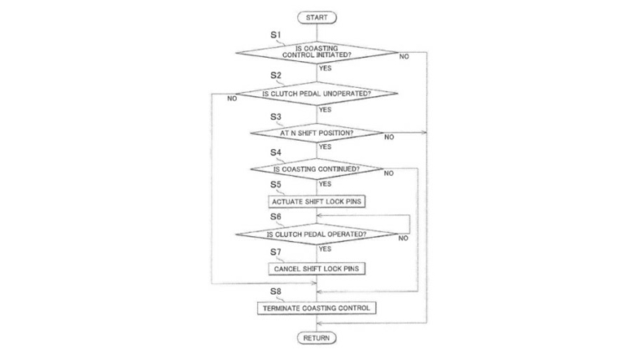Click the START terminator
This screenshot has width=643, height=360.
(317, 17)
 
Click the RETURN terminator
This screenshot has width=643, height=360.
(317, 337)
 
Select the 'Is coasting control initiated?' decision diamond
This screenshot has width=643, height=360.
(316, 51)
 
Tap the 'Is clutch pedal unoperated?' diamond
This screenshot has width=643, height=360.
(316, 94)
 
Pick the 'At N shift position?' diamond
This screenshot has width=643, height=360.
(316, 132)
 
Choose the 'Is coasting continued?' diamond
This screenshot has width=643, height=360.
(316, 168)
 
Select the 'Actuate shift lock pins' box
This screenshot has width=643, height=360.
(316, 201)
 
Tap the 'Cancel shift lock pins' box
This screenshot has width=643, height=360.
(316, 268)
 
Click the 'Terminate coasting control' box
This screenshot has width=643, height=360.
(316, 307)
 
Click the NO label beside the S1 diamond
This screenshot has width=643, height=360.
(404, 56)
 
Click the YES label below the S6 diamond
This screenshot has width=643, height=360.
(325, 249)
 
